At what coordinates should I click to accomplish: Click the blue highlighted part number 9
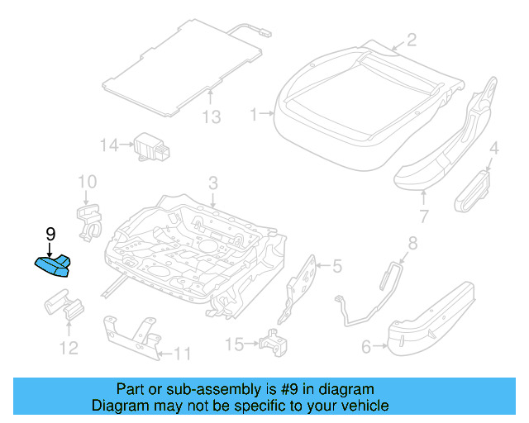pyautogui.click(x=53, y=266)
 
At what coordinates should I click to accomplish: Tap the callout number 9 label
pyautogui.click(x=50, y=234)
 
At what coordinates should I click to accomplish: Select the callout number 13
pyautogui.click(x=212, y=116)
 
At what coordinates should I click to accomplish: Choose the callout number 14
pyautogui.click(x=110, y=145)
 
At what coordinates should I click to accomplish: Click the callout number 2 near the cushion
pyautogui.click(x=411, y=39)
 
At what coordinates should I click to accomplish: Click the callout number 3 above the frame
pyautogui.click(x=212, y=183)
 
